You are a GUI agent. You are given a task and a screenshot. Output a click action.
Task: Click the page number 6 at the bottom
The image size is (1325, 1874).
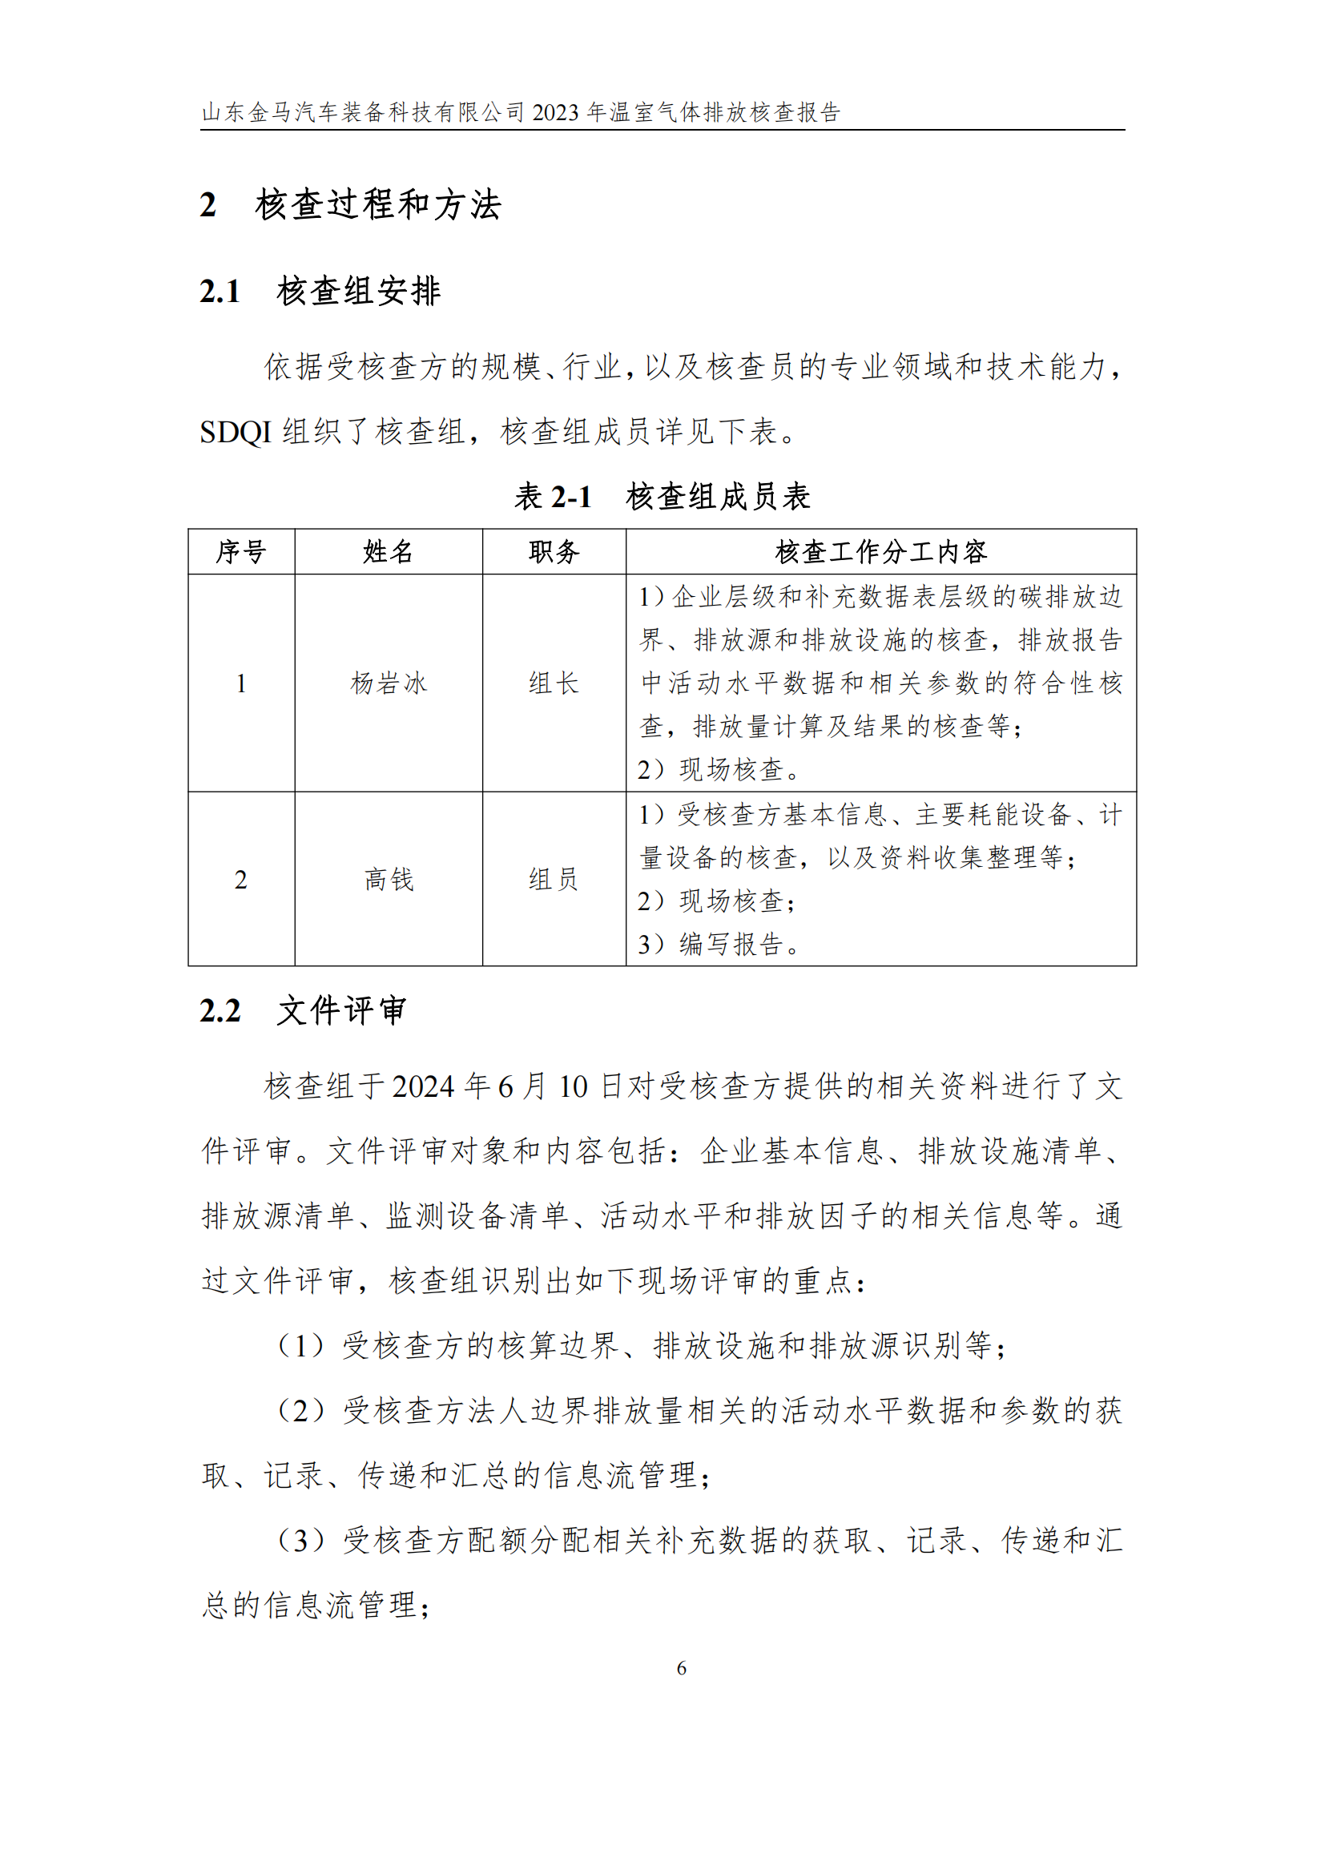click(681, 1667)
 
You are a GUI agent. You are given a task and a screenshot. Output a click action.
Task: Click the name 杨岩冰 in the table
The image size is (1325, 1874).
click(389, 683)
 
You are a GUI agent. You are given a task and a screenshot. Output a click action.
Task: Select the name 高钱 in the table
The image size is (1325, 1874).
click(389, 879)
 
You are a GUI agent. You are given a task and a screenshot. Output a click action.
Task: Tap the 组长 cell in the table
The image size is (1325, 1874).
click(554, 683)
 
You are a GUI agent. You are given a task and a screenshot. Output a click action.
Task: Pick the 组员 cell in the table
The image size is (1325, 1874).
click(554, 879)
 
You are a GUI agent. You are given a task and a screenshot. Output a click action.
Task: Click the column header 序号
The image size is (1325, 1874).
click(240, 552)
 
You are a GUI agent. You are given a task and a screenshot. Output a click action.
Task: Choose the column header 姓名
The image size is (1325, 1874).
click(389, 552)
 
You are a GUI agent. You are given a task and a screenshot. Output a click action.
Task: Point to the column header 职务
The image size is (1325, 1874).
click(554, 552)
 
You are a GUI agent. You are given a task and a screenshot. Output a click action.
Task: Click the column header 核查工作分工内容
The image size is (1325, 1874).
click(880, 552)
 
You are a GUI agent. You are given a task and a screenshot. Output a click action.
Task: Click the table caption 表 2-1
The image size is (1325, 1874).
click(553, 496)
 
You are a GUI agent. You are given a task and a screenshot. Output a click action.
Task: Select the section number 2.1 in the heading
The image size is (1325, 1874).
click(220, 292)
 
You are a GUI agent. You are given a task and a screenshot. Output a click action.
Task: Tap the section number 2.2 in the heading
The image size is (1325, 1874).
click(220, 1010)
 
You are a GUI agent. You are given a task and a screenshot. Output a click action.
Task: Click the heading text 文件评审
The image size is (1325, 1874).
click(341, 1010)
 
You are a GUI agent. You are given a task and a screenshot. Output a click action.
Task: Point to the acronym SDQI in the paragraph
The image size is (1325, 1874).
click(235, 432)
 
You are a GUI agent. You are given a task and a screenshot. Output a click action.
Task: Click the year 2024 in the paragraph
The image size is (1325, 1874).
click(423, 1087)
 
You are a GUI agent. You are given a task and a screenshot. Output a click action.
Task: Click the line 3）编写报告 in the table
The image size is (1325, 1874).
click(718, 945)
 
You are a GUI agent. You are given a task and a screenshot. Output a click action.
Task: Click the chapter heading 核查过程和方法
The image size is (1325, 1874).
click(378, 205)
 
